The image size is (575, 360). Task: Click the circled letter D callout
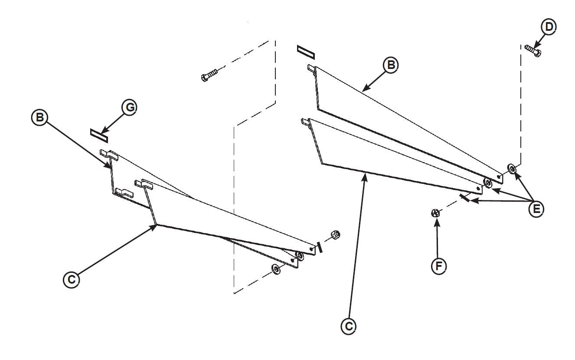549,27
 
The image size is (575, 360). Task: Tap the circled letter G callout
129,108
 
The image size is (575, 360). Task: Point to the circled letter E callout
536,209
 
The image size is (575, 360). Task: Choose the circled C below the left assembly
72,279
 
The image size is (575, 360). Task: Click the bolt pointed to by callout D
533,51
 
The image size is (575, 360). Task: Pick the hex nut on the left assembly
335,234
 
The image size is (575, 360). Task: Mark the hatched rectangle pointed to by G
98,134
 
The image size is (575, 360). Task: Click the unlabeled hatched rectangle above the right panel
306,51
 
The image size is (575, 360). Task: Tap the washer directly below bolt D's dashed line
512,168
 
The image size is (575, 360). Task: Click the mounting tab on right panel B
311,68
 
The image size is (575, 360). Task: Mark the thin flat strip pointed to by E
464,198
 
